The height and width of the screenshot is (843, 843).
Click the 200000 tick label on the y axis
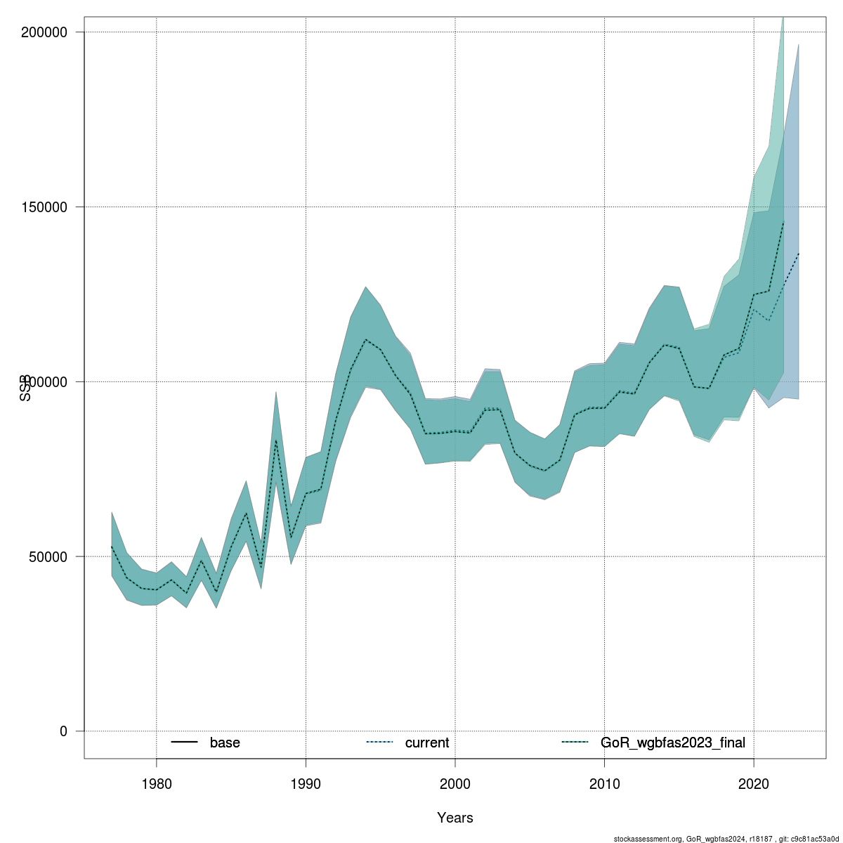43,32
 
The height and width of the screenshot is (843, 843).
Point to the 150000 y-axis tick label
43,207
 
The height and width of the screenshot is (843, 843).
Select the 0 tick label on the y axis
63,731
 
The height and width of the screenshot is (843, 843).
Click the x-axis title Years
455,818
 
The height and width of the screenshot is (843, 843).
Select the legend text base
225,743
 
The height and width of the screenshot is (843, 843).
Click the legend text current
427,743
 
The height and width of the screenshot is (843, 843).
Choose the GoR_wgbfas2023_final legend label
673,743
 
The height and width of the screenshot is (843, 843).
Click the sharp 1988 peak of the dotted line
276,440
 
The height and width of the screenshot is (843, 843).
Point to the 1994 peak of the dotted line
365,339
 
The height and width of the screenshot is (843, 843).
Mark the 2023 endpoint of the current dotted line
799,253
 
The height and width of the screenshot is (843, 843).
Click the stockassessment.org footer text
727,839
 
